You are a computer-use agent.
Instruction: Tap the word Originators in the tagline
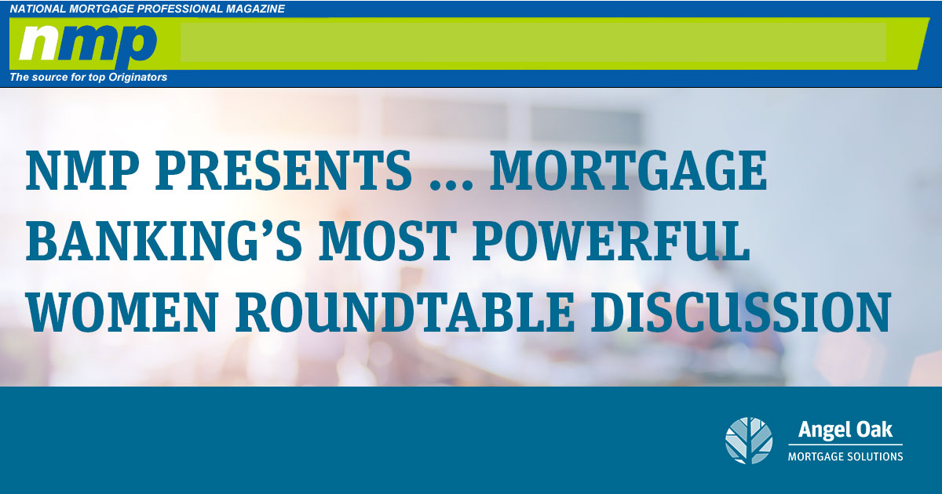pos(138,78)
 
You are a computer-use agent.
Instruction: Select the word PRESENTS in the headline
pos(283,171)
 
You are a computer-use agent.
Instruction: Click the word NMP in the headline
pos(82,171)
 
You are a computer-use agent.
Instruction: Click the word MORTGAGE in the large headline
pos(629,171)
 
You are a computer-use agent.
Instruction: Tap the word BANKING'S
pos(163,242)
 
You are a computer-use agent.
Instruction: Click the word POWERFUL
pos(612,242)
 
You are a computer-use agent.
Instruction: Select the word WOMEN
pos(122,312)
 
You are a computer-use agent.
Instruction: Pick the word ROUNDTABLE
pos(404,312)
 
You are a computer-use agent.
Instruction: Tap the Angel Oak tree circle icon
pos(749,441)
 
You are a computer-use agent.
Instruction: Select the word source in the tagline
pos(44,78)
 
